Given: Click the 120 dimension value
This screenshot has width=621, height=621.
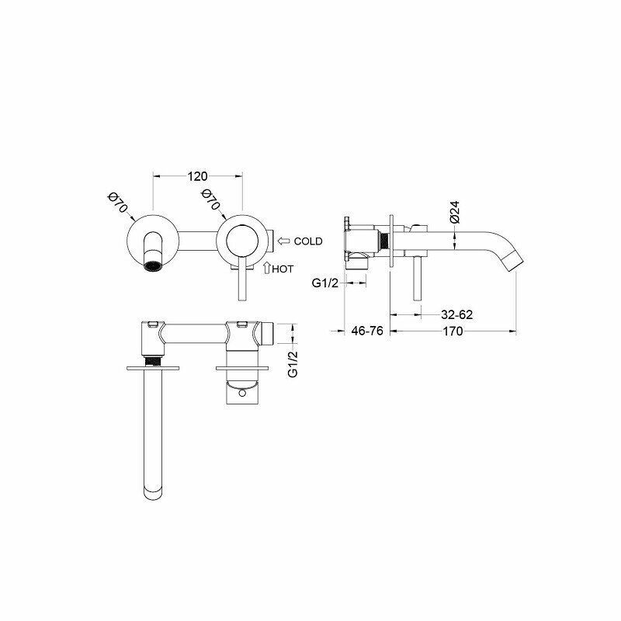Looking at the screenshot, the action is point(198,176).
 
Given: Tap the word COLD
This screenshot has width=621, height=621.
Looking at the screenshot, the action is point(308,241).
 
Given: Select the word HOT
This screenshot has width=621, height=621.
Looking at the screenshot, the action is point(283,269).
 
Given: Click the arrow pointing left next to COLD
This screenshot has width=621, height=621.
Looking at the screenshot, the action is point(284,241).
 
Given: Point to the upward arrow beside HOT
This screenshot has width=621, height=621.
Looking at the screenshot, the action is point(267,268).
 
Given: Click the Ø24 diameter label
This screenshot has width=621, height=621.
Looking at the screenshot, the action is point(455,212).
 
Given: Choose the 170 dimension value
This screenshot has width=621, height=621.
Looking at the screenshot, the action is point(453,331).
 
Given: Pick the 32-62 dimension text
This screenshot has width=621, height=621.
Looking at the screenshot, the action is point(456,315).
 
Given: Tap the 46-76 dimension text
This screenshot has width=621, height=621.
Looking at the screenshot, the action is point(367,331).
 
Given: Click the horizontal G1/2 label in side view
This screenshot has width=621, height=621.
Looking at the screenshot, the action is point(325,283).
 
